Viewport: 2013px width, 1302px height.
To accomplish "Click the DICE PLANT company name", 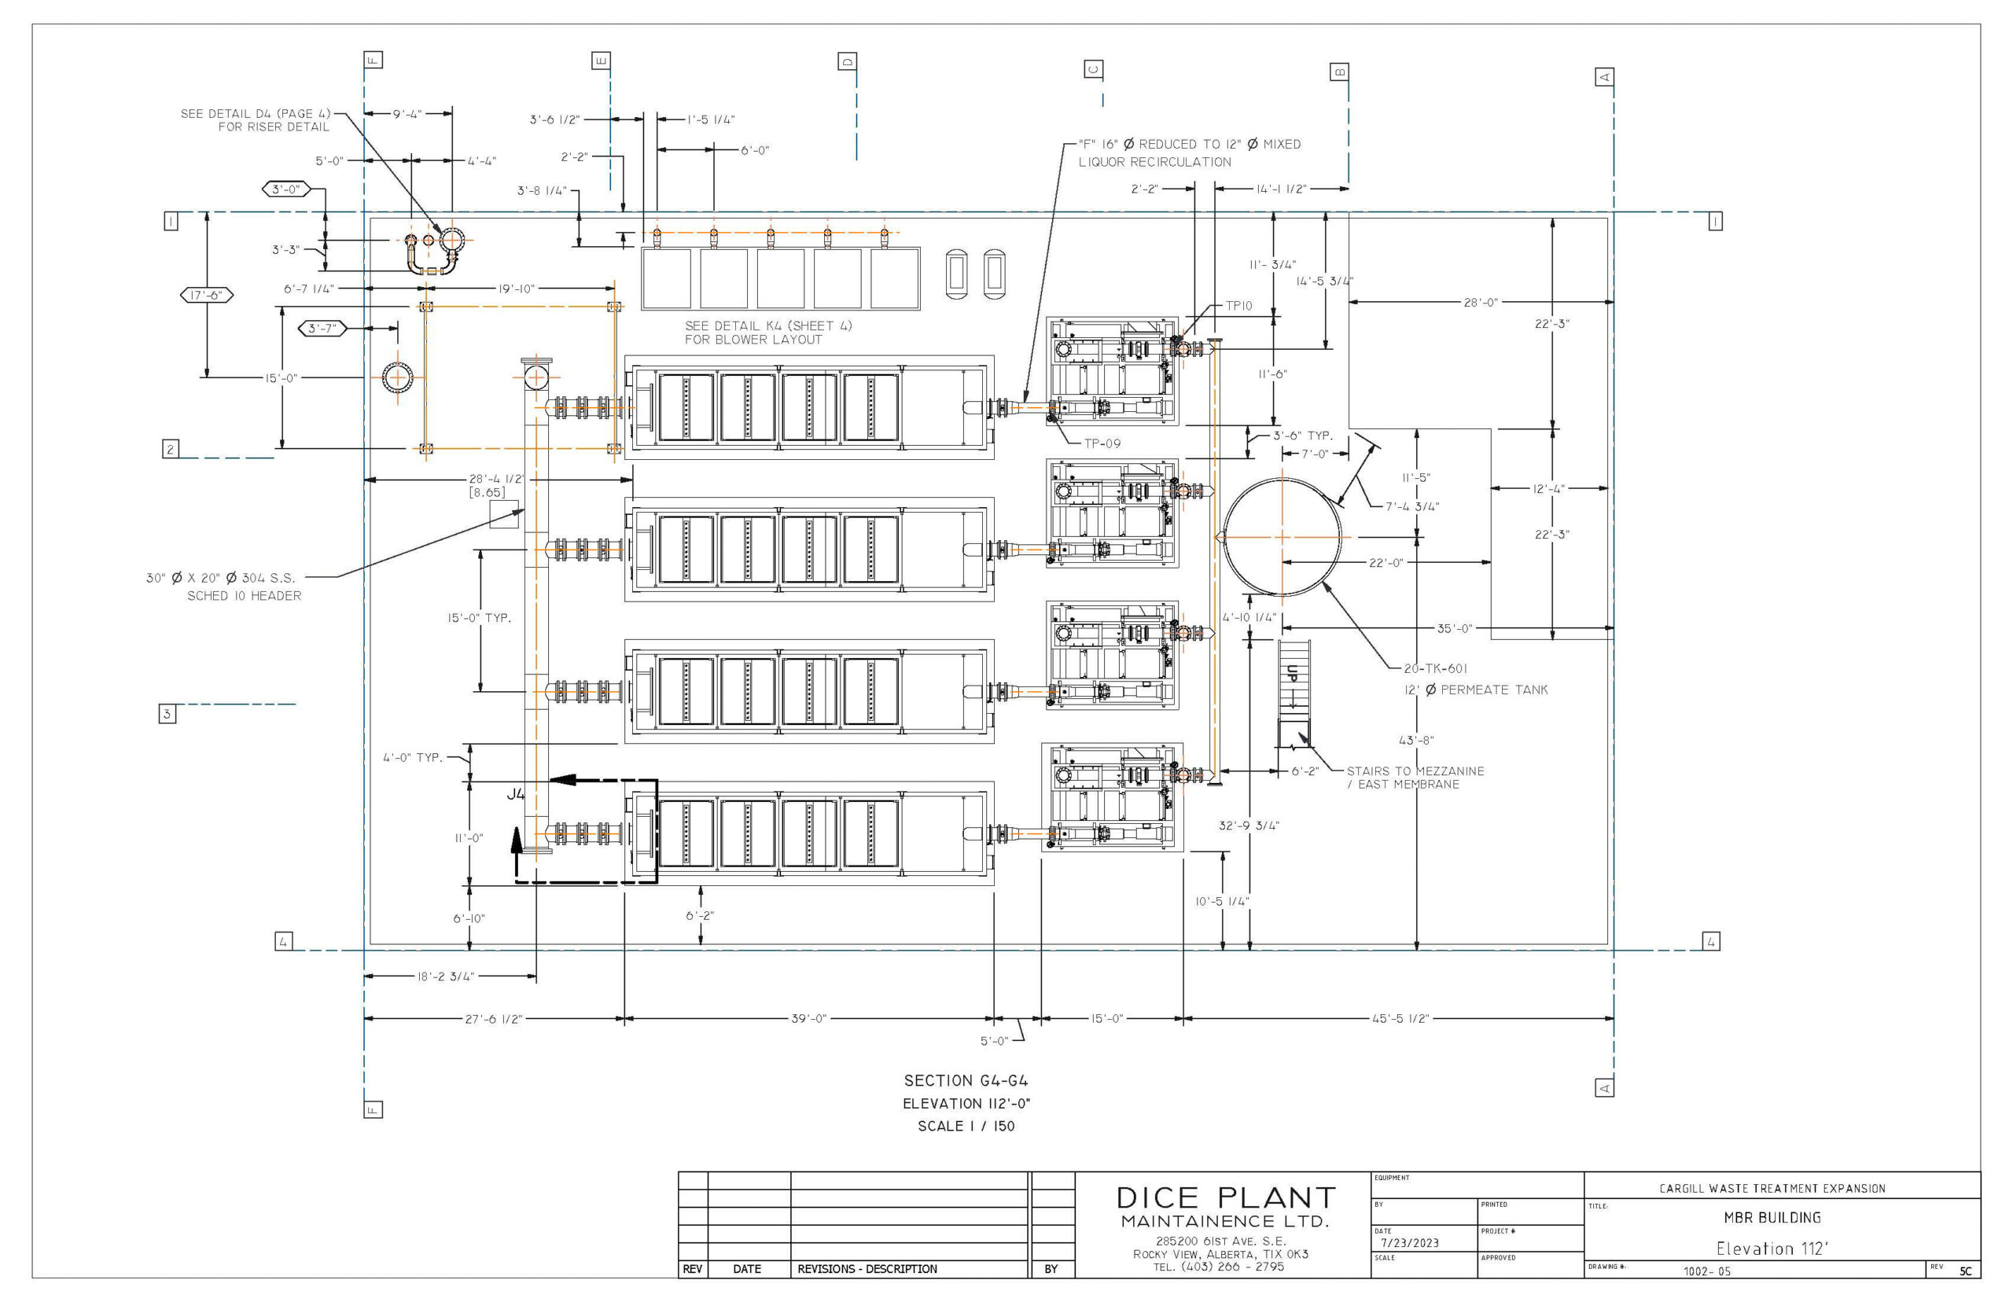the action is click(x=1225, y=1197).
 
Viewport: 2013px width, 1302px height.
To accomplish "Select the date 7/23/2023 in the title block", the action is click(x=1409, y=1243).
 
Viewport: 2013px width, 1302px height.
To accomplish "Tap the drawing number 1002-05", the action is click(x=1706, y=1271).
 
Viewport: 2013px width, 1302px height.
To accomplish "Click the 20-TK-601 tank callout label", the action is click(x=1435, y=669).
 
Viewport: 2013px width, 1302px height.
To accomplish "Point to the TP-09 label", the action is click(x=1102, y=443).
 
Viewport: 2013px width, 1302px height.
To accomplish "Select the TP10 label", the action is click(x=1238, y=306).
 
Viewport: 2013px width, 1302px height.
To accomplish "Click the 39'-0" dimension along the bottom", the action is click(x=808, y=1019).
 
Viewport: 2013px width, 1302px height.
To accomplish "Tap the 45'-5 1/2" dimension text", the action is click(x=1400, y=1019).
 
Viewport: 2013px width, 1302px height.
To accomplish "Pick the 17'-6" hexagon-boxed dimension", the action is click(x=206, y=295).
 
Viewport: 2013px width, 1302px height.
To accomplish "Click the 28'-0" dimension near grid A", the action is click(x=1481, y=302).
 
